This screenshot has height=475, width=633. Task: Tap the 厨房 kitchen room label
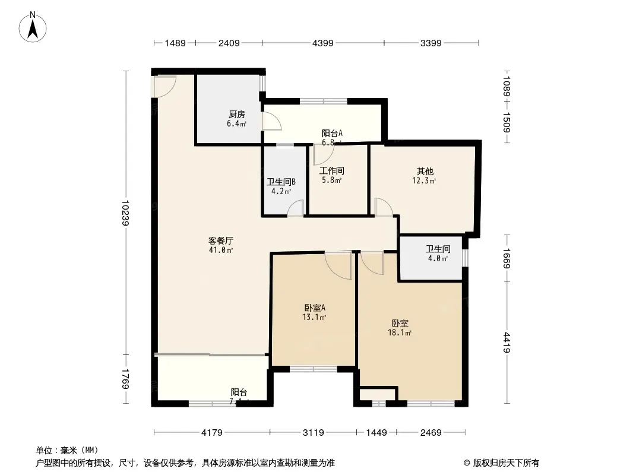[236, 115]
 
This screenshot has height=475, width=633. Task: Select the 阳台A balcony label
[332, 134]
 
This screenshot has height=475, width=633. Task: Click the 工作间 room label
[331, 170]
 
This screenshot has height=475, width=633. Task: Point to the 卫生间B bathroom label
[281, 182]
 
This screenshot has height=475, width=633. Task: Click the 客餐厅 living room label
[220, 240]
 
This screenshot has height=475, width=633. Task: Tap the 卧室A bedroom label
[315, 308]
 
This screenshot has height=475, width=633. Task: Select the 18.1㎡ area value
[400, 333]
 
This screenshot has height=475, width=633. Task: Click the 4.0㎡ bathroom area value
[438, 258]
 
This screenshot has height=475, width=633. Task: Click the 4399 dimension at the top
[323, 43]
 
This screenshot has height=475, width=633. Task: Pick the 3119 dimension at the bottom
[313, 433]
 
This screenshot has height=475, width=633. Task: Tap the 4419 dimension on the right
[506, 342]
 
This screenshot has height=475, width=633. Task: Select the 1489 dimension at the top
[176, 43]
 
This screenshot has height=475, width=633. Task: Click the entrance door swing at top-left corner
[163, 86]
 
